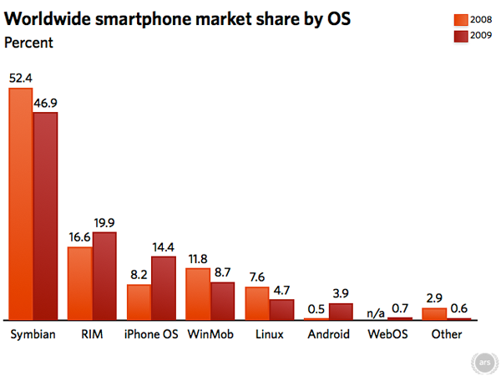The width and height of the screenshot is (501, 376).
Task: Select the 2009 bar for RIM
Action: (x=104, y=276)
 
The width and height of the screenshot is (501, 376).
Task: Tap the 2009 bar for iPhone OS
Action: (x=164, y=288)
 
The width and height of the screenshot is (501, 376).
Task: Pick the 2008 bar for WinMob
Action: (x=198, y=293)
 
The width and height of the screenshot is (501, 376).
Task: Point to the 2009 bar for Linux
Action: (x=282, y=309)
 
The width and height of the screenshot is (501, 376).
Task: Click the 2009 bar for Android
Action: (x=341, y=311)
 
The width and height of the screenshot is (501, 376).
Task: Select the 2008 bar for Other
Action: (x=434, y=313)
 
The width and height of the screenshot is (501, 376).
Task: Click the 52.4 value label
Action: (x=21, y=78)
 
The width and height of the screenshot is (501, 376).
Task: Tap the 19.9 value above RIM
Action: (x=104, y=222)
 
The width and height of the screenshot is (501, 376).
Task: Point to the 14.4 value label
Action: (x=164, y=246)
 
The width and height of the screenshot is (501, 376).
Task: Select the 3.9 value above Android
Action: (x=341, y=294)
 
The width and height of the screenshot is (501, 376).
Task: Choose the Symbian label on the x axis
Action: (x=32, y=335)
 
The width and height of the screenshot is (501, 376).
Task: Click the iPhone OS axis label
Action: (x=150, y=335)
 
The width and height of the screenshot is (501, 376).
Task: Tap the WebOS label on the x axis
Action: (x=387, y=335)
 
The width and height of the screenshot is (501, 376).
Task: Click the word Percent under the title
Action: (x=29, y=42)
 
